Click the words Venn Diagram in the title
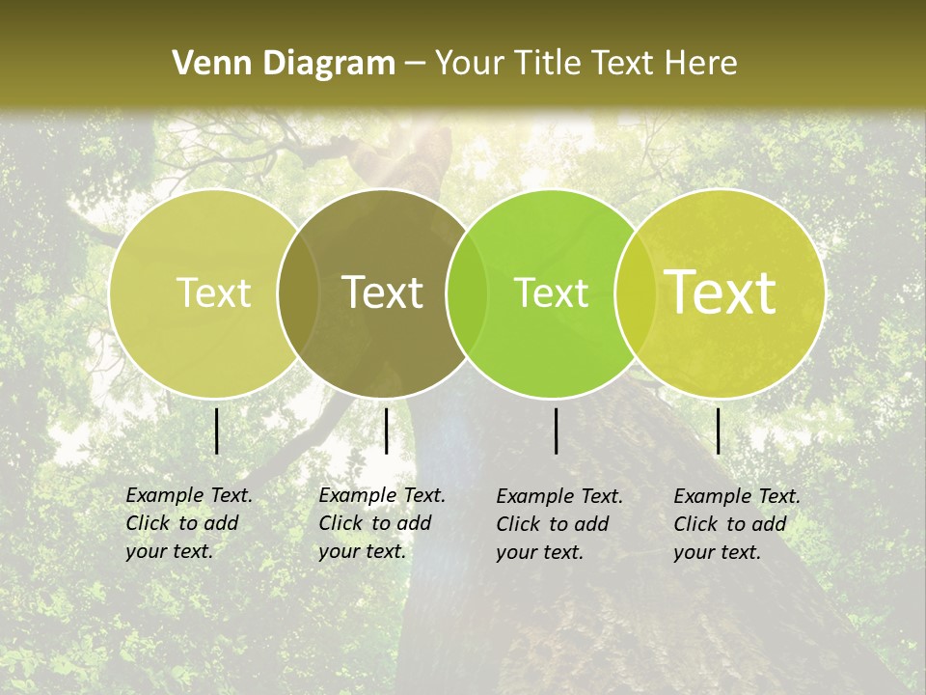[284, 64]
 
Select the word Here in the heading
[700, 64]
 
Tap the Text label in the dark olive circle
[383, 292]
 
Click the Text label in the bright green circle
[552, 292]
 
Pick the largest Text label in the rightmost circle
[721, 292]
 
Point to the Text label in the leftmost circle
[214, 292]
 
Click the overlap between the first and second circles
[298, 292]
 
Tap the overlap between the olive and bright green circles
[458, 292]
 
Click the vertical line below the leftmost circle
[216, 431]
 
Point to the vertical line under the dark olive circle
[386, 431]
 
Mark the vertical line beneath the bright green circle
[557, 431]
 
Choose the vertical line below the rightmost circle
[719, 431]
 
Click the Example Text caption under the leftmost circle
[189, 523]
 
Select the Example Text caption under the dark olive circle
[382, 523]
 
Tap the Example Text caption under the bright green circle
[559, 524]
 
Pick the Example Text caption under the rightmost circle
[737, 524]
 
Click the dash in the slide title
[415, 65]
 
